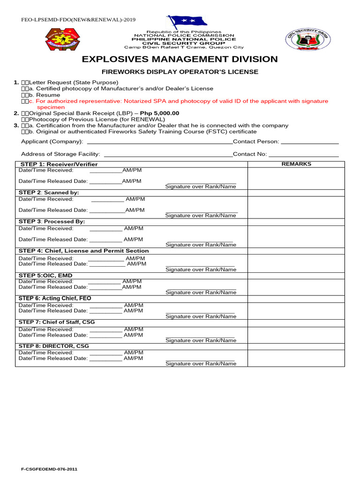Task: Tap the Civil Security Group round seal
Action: pos(307,39)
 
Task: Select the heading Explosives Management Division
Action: pos(180,60)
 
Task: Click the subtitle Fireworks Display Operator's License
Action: pos(180,72)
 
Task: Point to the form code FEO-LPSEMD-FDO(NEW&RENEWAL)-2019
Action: pos(78,20)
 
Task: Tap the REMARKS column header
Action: pos(296,164)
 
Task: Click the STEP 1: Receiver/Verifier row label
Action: pos(58,164)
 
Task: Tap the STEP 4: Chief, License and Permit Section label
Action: pos(83,251)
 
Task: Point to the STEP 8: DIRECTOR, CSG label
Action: pos(53,346)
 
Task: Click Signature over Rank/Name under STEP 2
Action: pos(201,216)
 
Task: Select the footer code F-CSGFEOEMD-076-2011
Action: pos(49,469)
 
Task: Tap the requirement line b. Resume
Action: pos(45,95)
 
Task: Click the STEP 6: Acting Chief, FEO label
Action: pos(55,298)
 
